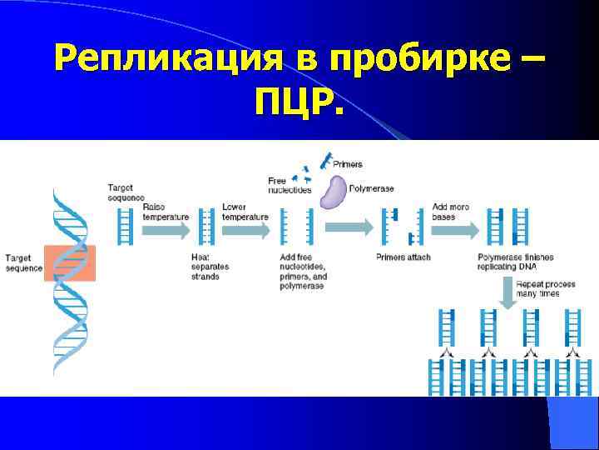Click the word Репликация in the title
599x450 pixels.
pos(166,59)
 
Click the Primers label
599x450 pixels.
pos(348,165)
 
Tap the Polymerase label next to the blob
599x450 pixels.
pos(370,189)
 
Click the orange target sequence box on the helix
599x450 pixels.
pos(71,262)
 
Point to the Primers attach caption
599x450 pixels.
pos(403,257)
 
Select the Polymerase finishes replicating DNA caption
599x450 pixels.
pos(516,262)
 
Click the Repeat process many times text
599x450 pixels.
pos(546,289)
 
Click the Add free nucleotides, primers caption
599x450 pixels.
pos(304,272)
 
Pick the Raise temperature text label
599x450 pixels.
pos(166,212)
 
